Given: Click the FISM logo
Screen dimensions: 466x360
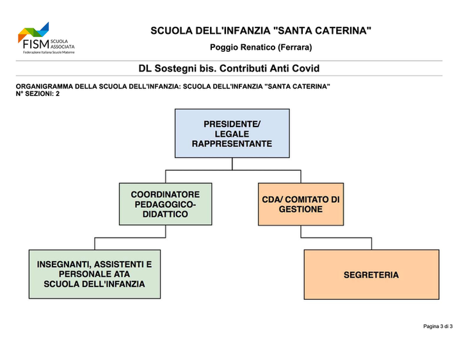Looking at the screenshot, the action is [46, 38].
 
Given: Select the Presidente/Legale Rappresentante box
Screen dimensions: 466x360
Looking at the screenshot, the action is [232, 133].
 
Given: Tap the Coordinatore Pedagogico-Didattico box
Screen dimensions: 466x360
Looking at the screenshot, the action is [166, 204].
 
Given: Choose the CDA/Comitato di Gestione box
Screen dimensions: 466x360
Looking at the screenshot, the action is [301, 204].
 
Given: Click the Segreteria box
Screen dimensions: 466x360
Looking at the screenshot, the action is [371, 274].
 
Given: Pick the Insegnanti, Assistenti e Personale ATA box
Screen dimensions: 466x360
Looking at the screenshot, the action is [95, 274].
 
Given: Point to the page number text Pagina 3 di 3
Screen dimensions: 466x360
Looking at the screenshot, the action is [438, 326].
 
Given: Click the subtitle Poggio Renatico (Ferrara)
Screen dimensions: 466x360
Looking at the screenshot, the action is [261, 47].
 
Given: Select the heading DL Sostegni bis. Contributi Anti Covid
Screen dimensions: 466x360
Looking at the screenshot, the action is [229, 68].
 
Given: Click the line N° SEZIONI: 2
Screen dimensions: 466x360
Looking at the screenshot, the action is [38, 94].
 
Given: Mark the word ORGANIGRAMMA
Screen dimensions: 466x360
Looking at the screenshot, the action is [44, 87].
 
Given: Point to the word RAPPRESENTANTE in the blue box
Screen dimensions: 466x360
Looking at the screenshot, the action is [232, 144].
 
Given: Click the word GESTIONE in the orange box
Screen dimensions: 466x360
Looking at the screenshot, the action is [300, 209].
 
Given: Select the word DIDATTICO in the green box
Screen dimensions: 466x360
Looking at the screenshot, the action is [165, 214].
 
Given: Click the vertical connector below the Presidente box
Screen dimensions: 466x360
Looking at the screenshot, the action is [232, 164].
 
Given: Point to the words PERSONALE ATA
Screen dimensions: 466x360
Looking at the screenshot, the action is [94, 274].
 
